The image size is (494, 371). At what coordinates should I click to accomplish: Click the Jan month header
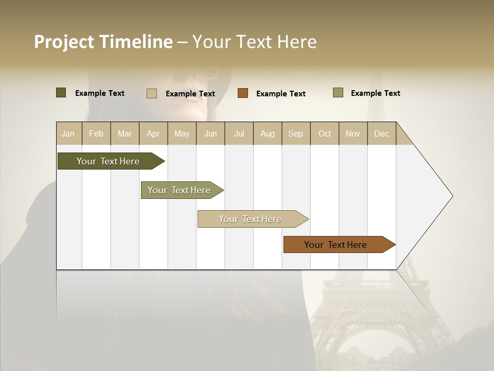(x=68, y=133)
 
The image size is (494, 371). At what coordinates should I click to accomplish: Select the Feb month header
(x=96, y=133)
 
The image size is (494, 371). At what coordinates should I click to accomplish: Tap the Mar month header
(x=125, y=133)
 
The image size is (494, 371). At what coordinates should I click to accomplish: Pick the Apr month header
(x=153, y=133)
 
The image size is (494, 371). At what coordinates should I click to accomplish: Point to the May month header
(x=182, y=133)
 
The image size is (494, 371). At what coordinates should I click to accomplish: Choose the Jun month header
(x=210, y=133)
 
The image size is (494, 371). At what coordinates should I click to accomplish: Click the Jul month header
(x=239, y=133)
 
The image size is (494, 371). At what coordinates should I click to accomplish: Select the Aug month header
(x=268, y=133)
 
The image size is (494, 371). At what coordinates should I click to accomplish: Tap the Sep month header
(x=296, y=133)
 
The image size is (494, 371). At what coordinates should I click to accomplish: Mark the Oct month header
(x=325, y=133)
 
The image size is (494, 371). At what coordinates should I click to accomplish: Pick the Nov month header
(x=353, y=133)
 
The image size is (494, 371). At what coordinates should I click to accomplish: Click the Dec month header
(x=382, y=133)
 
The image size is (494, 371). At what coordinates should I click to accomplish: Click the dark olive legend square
(x=61, y=93)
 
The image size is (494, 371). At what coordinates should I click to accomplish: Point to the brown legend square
(x=243, y=93)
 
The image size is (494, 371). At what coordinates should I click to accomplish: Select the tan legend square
(x=152, y=93)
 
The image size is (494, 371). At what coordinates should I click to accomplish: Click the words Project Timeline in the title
(x=103, y=42)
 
